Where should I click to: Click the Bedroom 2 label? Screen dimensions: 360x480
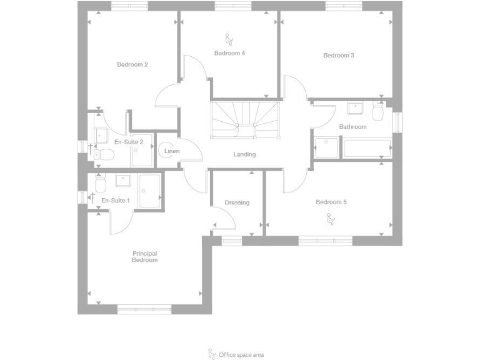(132, 64)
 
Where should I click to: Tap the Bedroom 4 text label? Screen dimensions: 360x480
(229, 53)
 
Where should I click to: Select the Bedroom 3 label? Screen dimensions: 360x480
(339, 56)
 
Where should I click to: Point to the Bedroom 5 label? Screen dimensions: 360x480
(331, 202)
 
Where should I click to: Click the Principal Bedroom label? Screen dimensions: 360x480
(144, 256)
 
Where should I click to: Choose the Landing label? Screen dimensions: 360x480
(244, 154)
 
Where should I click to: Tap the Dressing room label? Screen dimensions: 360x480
(237, 202)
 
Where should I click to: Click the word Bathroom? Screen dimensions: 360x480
(352, 127)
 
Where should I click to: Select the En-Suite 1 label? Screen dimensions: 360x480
(116, 201)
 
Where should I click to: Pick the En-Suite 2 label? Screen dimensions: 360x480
(129, 142)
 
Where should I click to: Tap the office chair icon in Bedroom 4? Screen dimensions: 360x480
(229, 39)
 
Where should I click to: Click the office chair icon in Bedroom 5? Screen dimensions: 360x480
(331, 218)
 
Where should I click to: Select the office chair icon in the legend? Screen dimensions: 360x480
(212, 354)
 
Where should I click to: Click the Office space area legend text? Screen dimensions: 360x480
(241, 354)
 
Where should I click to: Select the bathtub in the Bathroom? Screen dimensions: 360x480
(367, 149)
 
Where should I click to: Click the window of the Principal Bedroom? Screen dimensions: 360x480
(144, 309)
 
